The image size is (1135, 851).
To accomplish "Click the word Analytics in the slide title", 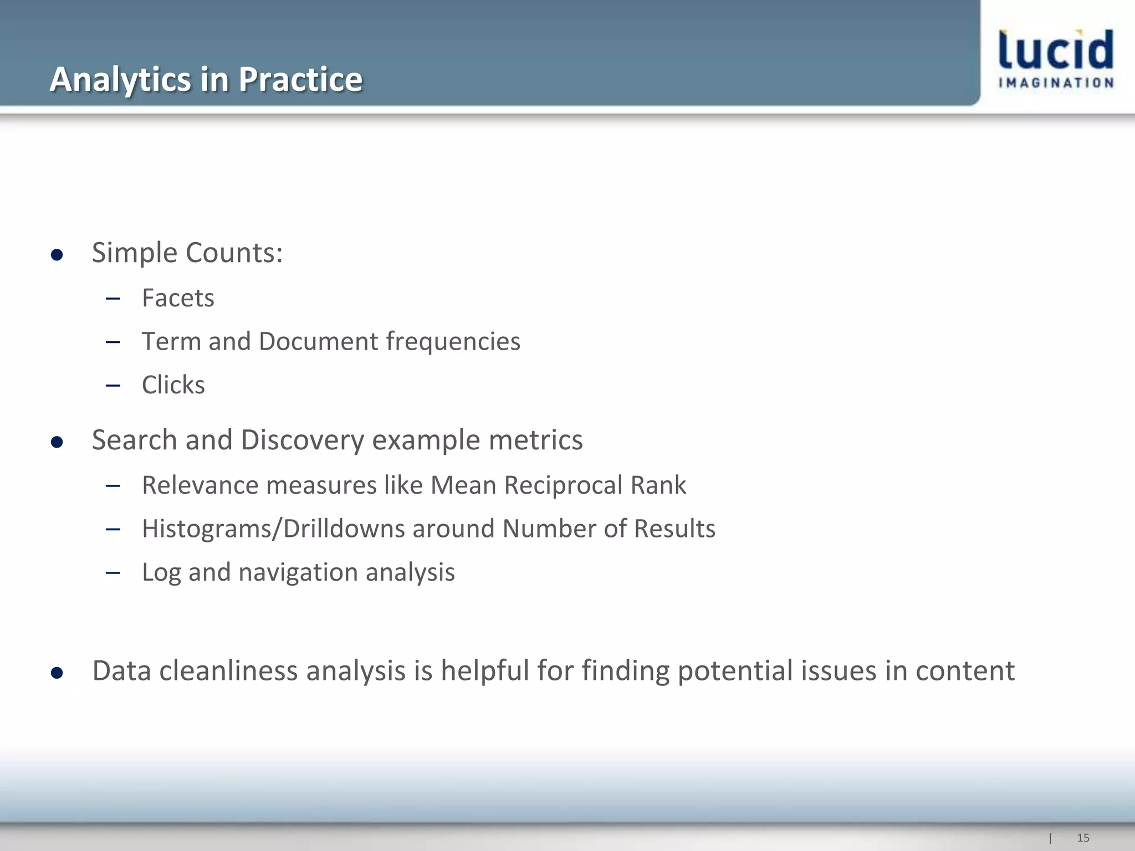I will [120, 79].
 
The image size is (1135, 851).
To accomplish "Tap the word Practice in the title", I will [300, 79].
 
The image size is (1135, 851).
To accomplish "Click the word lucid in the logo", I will [1056, 50].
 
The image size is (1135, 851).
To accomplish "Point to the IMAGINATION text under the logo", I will [1056, 83].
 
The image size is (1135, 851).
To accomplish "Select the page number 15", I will [1083, 838].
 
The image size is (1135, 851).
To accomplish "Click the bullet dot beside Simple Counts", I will [57, 255].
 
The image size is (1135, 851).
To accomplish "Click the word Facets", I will [178, 298].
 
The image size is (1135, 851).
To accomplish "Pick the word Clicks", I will [173, 385].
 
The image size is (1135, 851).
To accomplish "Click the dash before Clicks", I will [113, 385].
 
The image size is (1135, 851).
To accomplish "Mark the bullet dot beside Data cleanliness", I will [57, 673].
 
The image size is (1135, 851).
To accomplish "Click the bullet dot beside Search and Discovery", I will [57, 442].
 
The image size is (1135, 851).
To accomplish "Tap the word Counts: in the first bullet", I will [234, 253].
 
